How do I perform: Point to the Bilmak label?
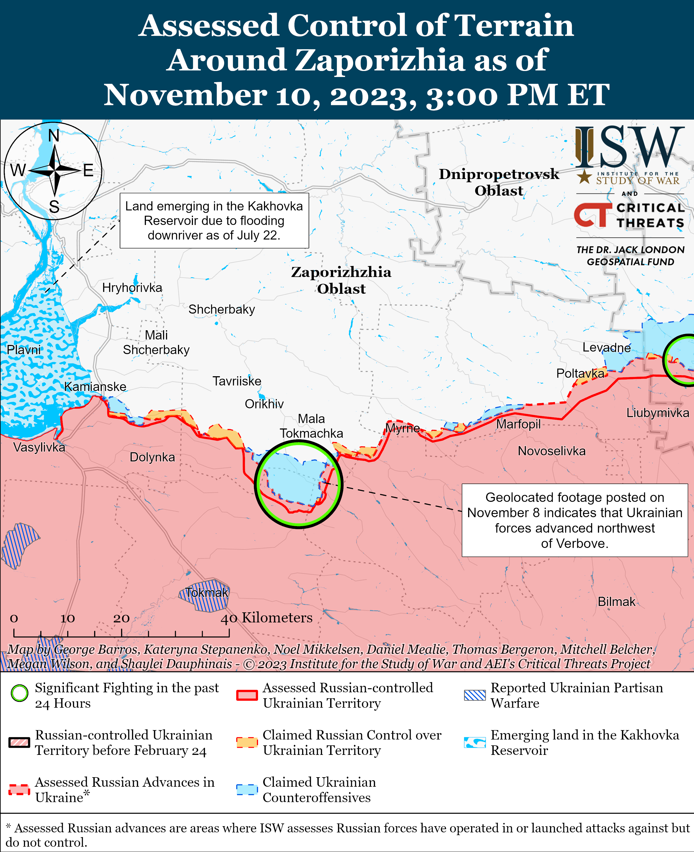tap(616, 601)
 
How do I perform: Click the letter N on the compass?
tap(54, 136)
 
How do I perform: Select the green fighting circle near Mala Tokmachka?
tap(299, 484)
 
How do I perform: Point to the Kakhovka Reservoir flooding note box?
tap(214, 221)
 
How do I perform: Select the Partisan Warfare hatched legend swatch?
tap(475, 695)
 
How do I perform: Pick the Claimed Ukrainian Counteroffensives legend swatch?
tap(247, 790)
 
